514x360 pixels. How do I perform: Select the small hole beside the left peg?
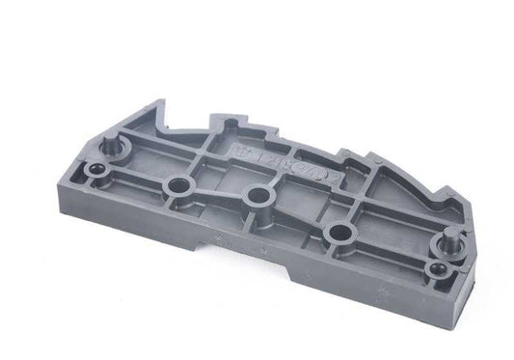(97, 174)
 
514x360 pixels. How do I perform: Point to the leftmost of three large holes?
(176, 183)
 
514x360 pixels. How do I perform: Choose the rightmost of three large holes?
(338, 232)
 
